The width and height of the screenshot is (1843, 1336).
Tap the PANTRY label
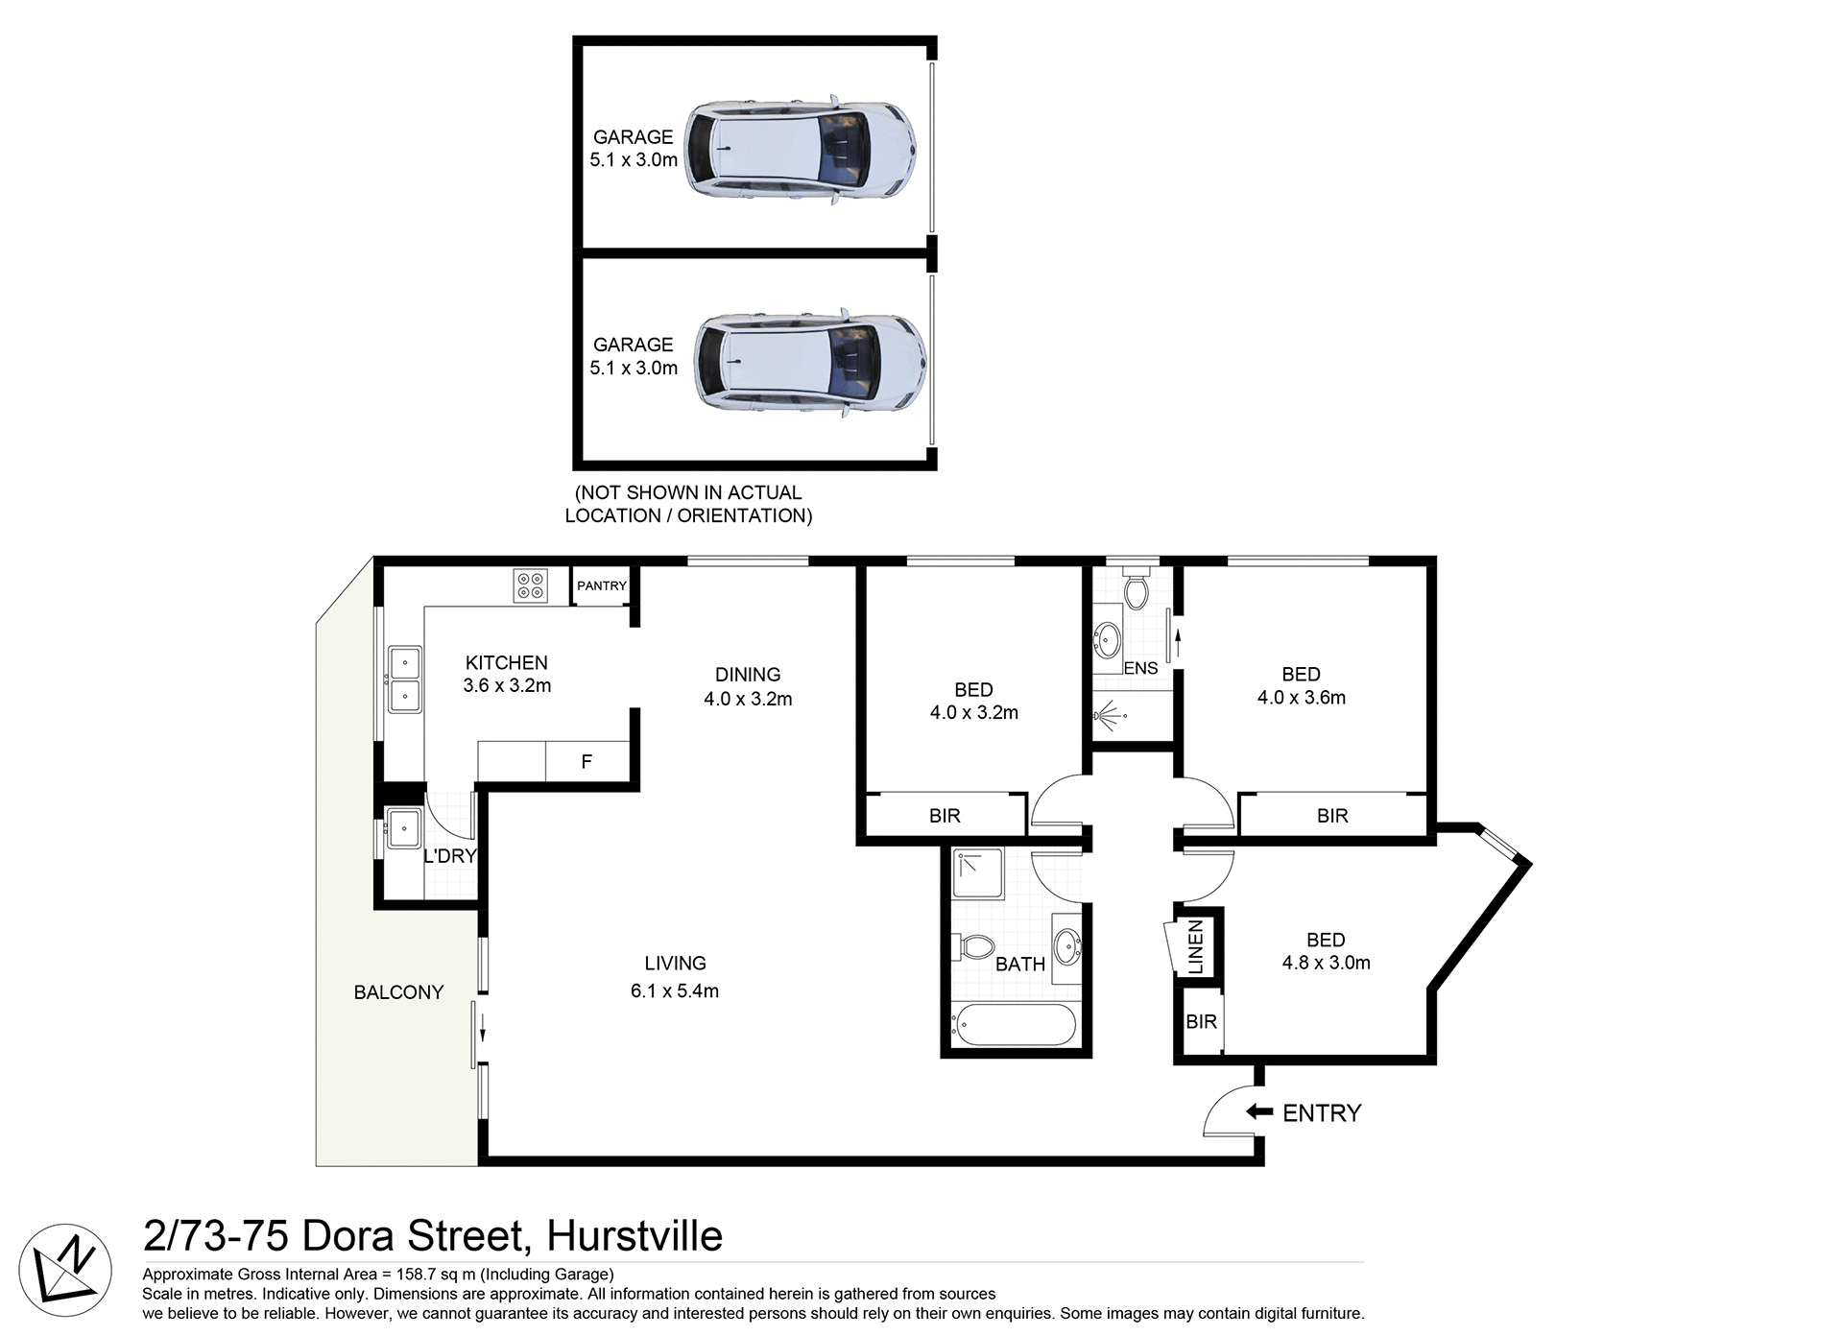(601, 585)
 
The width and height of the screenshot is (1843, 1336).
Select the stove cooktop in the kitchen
(530, 585)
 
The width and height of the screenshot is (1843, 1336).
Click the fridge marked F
(586, 762)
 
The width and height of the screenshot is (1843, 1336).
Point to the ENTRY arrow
(1258, 1111)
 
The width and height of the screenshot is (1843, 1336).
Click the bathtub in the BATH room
(1015, 1026)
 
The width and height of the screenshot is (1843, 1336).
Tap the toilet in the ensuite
(1137, 587)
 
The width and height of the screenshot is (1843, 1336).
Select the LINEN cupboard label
(1196, 947)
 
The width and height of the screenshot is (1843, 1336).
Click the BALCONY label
(398, 992)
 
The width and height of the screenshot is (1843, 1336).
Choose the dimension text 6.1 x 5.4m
(674, 991)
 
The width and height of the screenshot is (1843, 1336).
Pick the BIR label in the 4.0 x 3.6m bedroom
(1332, 816)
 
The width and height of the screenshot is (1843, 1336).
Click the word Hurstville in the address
(634, 1236)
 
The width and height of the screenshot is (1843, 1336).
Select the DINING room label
(748, 674)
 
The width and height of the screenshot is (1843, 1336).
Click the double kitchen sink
(404, 680)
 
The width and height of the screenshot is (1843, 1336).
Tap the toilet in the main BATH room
(975, 947)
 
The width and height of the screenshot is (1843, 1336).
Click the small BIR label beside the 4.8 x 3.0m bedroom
(1201, 1022)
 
